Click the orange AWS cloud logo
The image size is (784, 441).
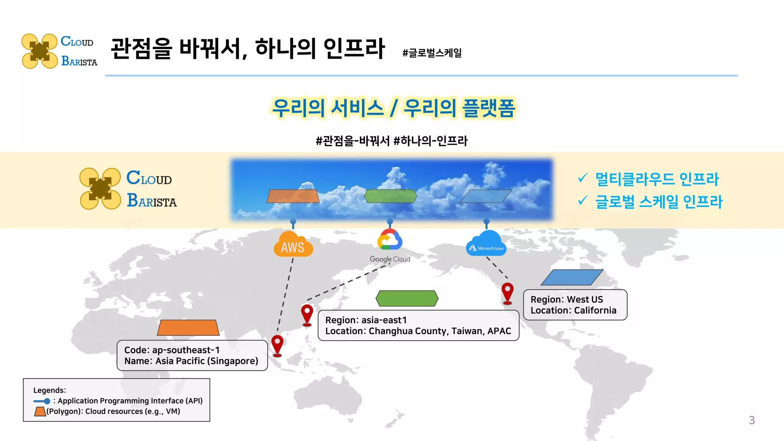(x=293, y=245)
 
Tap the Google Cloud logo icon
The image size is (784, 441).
(x=390, y=240)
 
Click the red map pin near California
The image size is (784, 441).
(x=507, y=293)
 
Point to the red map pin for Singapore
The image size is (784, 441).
(x=277, y=345)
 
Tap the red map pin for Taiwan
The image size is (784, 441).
(x=307, y=314)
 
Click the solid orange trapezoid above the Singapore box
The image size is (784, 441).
(x=188, y=328)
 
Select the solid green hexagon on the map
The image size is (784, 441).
(x=407, y=298)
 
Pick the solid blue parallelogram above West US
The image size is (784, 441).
(x=572, y=278)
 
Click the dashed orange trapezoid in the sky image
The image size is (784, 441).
(x=293, y=196)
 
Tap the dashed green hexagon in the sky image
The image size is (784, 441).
(x=390, y=196)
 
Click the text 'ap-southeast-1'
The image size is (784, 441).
(x=186, y=350)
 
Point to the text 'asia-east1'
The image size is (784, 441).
(x=384, y=320)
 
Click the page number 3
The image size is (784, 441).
(x=752, y=420)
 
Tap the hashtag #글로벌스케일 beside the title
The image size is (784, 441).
(x=432, y=53)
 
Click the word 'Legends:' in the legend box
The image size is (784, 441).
(x=50, y=390)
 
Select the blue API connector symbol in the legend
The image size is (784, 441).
(x=42, y=401)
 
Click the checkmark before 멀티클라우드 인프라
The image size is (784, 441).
(x=583, y=178)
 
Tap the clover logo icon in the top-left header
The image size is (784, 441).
(x=39, y=51)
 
